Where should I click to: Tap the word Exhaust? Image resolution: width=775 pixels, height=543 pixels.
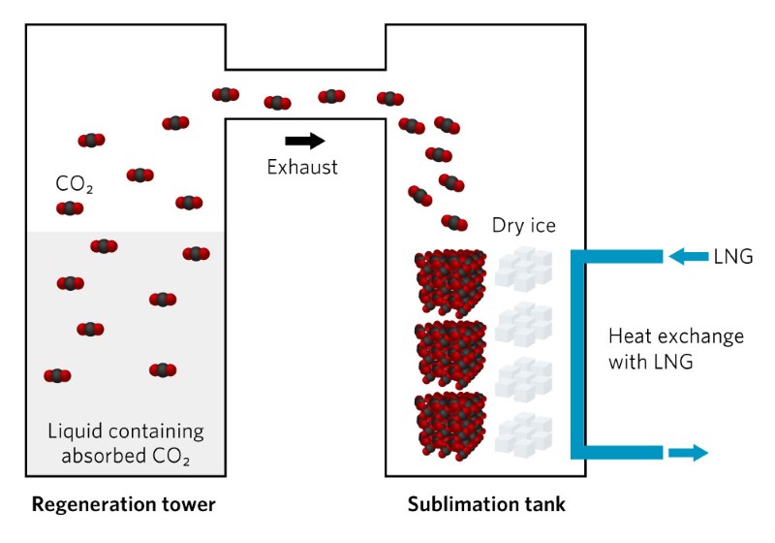(x=302, y=167)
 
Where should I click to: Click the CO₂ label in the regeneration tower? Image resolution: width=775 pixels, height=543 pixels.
(x=75, y=184)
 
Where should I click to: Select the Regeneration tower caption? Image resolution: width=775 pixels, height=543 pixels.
(x=123, y=504)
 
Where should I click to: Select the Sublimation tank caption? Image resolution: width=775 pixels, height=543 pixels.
(x=486, y=504)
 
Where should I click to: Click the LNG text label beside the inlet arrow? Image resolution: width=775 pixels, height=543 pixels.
(x=733, y=257)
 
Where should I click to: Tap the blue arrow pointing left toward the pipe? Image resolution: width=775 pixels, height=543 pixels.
(x=689, y=257)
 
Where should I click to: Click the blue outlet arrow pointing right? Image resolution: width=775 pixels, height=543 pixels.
(x=689, y=452)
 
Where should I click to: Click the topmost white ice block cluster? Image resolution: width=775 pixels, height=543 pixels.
(x=523, y=266)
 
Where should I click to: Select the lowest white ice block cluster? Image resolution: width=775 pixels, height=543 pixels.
(x=523, y=433)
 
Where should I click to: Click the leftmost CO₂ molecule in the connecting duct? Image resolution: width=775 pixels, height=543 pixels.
(x=226, y=94)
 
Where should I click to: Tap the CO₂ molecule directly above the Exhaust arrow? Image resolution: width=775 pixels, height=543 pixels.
(x=278, y=102)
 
